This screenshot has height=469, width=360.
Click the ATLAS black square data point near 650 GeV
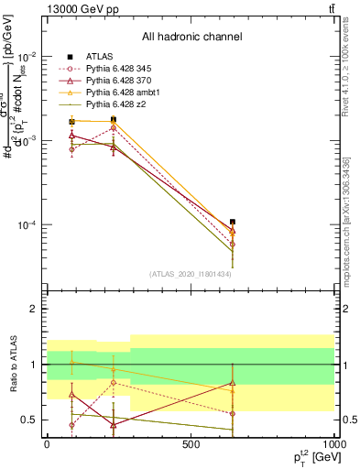(233, 222)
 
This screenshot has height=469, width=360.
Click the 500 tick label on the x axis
(191, 444)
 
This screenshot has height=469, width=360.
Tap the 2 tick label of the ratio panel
(33, 310)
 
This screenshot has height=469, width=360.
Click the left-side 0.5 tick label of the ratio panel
(28, 420)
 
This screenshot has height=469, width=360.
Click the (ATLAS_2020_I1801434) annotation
(191, 274)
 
